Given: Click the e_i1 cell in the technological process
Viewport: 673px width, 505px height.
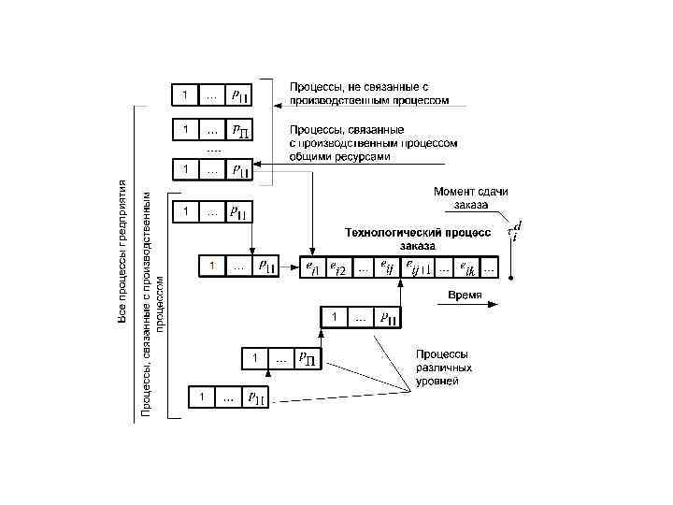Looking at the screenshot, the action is point(312,268).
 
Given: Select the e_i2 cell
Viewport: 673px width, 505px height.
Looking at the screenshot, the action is point(337,268).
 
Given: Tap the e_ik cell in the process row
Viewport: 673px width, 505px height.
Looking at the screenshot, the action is point(466,268).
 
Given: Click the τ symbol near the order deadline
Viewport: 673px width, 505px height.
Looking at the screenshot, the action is point(511,230).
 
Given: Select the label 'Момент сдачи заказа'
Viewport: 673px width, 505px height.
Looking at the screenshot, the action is point(470,197).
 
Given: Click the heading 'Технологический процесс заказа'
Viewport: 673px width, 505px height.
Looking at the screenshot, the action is point(417,238).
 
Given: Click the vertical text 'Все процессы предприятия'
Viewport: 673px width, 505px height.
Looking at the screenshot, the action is point(122,252).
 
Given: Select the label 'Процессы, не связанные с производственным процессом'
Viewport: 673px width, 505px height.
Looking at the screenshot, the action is point(368,93).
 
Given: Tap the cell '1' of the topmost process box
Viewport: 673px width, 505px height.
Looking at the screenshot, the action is point(185,94).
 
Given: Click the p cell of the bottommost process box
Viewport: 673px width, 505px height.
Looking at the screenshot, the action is point(254,398).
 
